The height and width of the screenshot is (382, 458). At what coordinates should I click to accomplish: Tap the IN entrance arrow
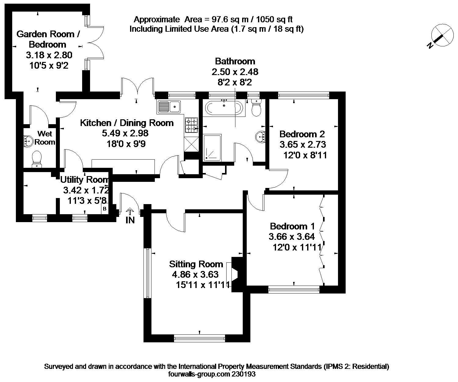pyautogui.click(x=130, y=212)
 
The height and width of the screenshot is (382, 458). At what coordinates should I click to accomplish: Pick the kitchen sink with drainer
pyautogui.click(x=169, y=107)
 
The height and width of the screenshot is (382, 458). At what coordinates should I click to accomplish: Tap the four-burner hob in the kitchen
pyautogui.click(x=191, y=125)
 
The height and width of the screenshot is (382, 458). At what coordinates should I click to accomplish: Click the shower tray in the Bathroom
pyautogui.click(x=212, y=147)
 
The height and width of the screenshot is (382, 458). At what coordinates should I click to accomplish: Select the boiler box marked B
pyautogui.click(x=105, y=209)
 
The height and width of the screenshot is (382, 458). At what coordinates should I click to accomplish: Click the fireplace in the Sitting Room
pyautogui.click(x=235, y=274)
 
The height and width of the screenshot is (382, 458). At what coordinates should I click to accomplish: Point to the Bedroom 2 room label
pyautogui.click(x=302, y=134)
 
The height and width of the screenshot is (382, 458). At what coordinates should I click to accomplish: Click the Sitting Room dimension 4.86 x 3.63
pyautogui.click(x=195, y=274)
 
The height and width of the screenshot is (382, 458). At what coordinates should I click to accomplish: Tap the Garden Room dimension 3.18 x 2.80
pyautogui.click(x=49, y=55)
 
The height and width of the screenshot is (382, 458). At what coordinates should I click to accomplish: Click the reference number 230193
pyautogui.click(x=243, y=374)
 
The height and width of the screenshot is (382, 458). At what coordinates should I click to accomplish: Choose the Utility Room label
pyautogui.click(x=85, y=180)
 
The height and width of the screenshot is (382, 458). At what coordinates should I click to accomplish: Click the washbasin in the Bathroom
pyautogui.click(x=260, y=137)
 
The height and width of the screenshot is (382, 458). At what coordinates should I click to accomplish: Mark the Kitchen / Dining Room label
pyautogui.click(x=127, y=123)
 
